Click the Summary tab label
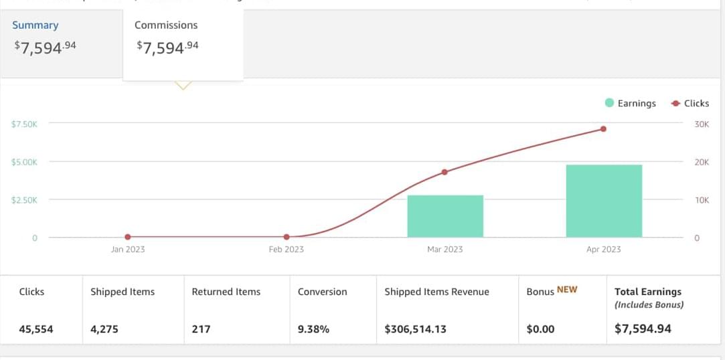(35, 25)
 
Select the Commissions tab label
(166, 25)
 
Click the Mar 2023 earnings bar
(445, 215)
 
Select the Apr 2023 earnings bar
(604, 201)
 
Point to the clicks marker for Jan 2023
(128, 237)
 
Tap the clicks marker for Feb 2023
(287, 237)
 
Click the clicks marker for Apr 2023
(603, 129)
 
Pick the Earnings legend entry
(631, 104)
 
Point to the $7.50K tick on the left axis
(24, 124)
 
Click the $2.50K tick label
(24, 200)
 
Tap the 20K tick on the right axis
(702, 163)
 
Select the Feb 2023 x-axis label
(286, 250)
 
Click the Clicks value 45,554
(36, 329)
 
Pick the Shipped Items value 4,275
(106, 329)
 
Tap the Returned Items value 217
(201, 329)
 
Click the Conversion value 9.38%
(313, 329)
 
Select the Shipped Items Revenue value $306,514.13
(415, 329)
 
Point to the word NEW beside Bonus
(567, 290)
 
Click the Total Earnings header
(648, 292)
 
